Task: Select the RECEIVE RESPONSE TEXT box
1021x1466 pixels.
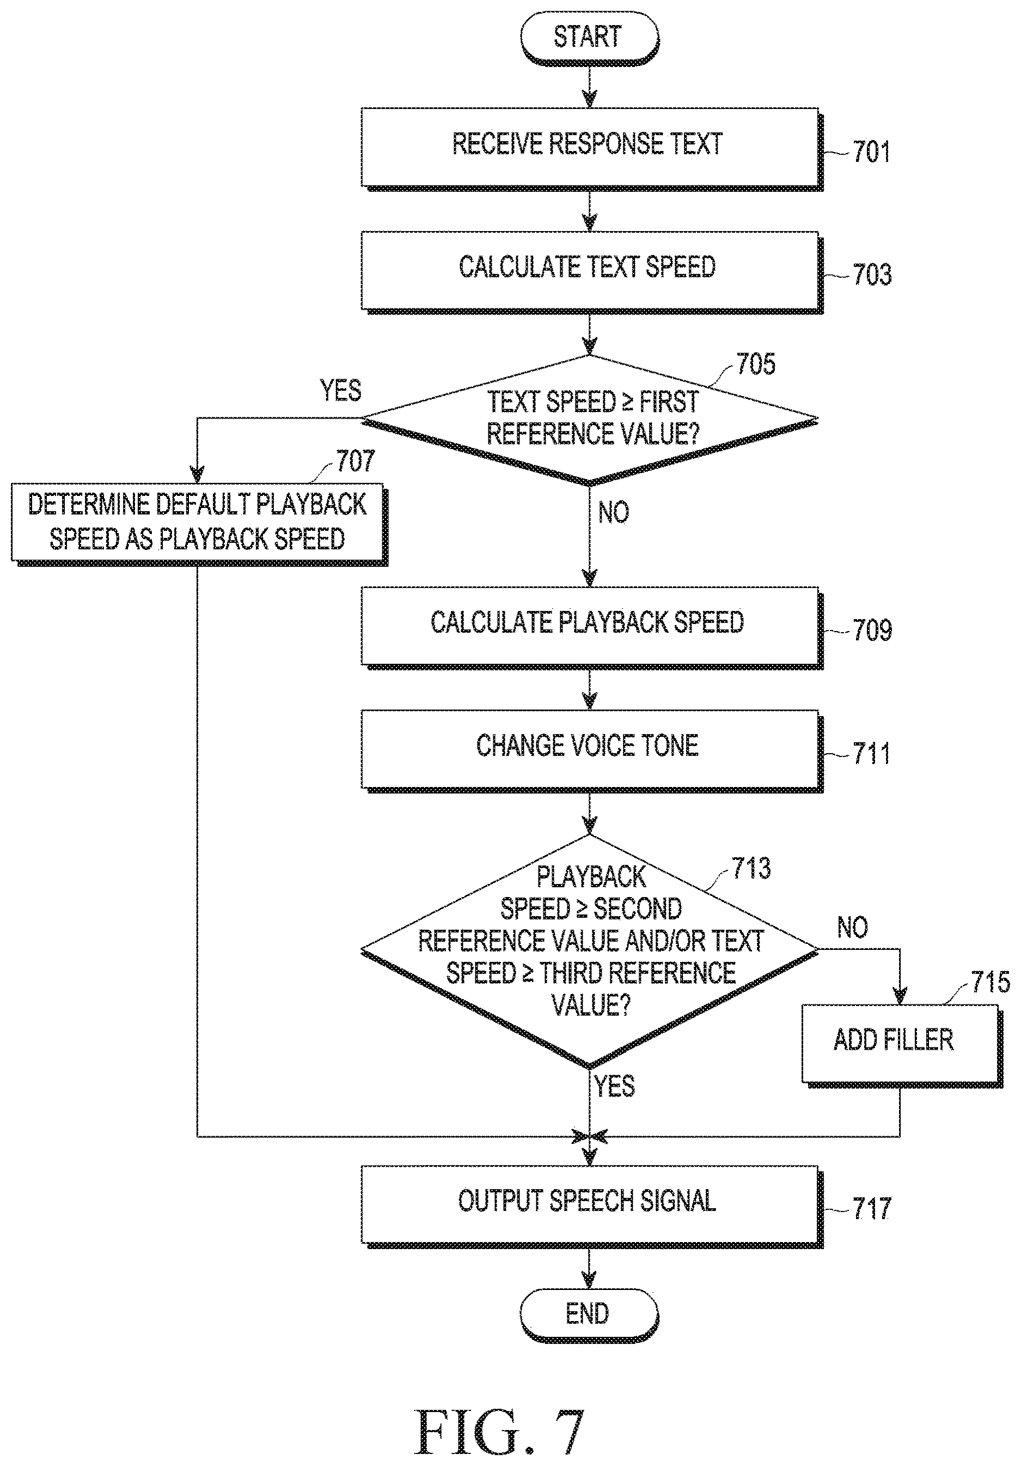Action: coord(591,148)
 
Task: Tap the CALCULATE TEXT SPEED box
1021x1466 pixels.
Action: coord(591,272)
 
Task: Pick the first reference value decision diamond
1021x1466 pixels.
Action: coord(590,420)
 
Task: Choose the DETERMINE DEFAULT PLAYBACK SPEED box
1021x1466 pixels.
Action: coord(199,524)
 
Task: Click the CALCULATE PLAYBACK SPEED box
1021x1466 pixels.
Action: coord(591,627)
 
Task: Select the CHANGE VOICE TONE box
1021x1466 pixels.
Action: coord(591,750)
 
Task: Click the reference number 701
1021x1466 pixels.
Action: coord(871,153)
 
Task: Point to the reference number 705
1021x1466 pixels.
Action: coord(756,364)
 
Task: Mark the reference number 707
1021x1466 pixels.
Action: coord(356,461)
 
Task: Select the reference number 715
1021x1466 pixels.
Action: coord(991,982)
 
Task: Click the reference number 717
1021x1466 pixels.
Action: coord(872,1209)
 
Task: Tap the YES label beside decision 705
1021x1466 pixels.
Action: coord(341,390)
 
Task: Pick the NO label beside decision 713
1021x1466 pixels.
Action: coord(853,927)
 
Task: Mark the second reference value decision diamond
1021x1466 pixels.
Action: coord(590,952)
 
